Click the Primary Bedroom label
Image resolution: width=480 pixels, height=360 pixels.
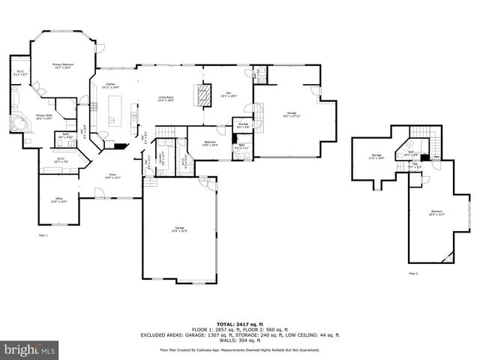point(62,66)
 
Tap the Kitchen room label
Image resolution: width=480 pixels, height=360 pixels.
point(110,85)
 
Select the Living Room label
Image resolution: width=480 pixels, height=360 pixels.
point(166,98)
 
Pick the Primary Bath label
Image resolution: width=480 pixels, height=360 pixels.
point(44,116)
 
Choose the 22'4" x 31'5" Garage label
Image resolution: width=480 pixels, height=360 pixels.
point(179,229)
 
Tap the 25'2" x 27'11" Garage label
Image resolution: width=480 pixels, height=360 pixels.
point(289,115)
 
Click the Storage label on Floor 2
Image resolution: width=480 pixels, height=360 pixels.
point(375,157)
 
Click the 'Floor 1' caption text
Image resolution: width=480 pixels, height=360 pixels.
point(43,235)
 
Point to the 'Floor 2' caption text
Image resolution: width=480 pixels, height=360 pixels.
point(413,273)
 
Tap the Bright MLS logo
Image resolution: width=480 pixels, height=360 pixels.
point(29,350)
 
